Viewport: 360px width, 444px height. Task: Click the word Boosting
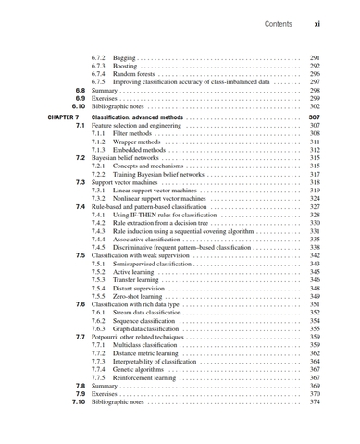pyautogui.click(x=127, y=67)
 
